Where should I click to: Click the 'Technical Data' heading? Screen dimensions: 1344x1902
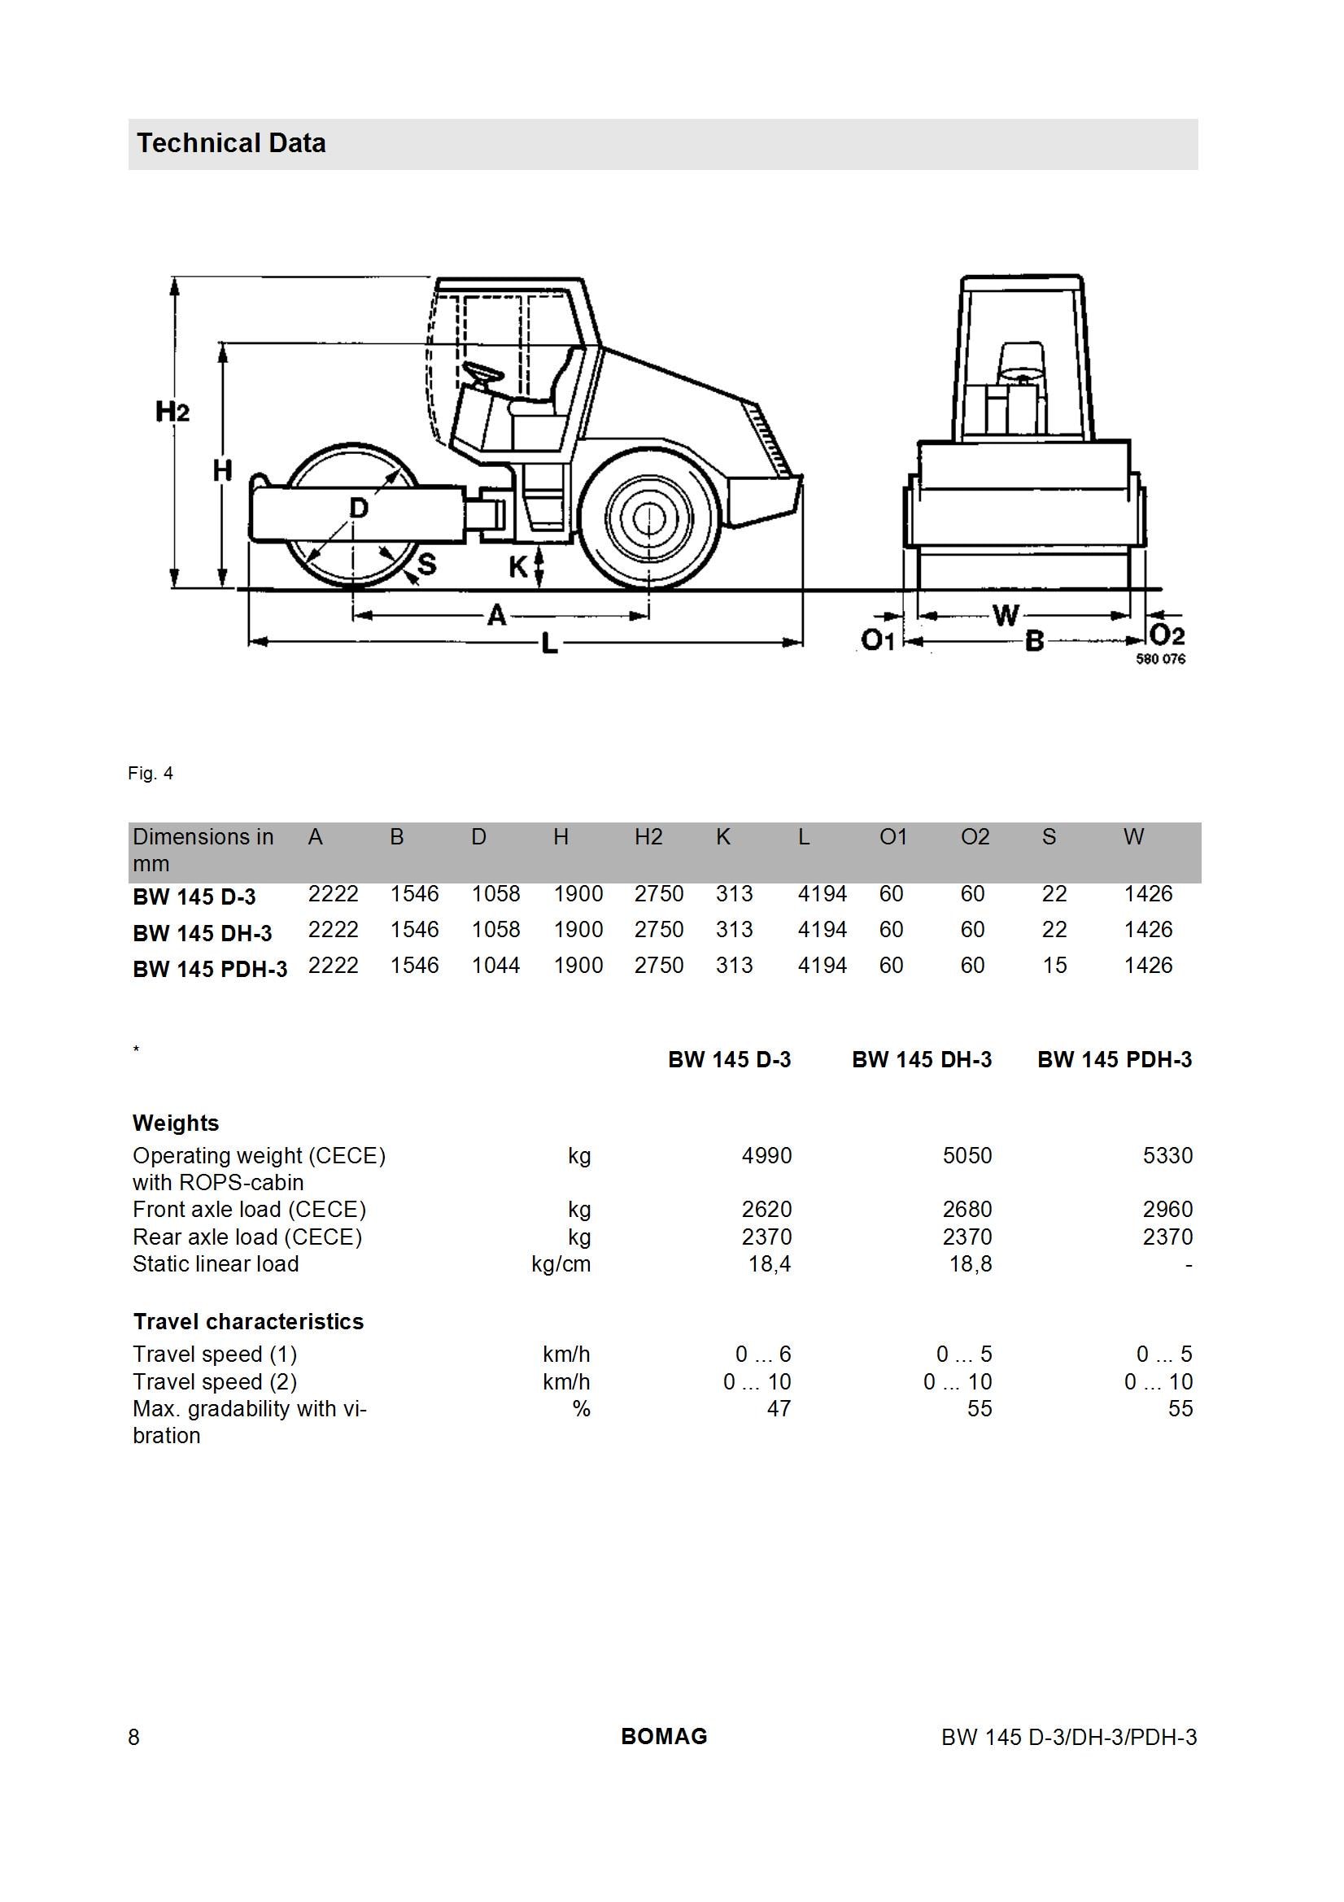(231, 143)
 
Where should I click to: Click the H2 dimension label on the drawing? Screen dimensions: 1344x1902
(172, 411)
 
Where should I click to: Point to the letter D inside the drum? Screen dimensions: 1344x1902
(358, 507)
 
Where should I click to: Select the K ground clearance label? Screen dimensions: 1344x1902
(518, 567)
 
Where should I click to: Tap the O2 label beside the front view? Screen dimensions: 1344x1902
(1167, 635)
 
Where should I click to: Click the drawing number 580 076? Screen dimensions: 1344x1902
(1160, 659)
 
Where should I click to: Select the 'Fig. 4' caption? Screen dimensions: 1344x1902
(151, 773)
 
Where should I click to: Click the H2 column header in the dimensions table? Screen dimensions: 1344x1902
(648, 837)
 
